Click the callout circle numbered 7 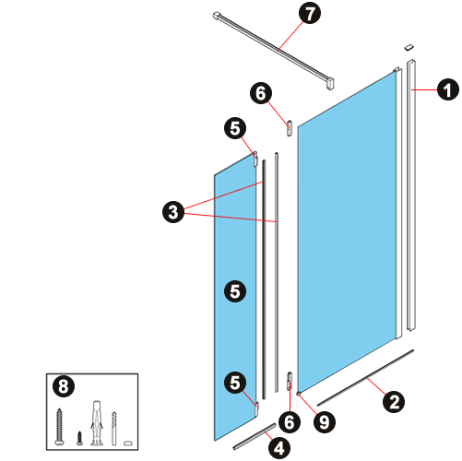click(x=310, y=14)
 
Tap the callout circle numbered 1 click(x=448, y=89)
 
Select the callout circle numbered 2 click(x=394, y=402)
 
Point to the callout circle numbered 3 click(x=173, y=212)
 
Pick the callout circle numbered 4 click(x=279, y=449)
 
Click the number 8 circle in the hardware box click(x=64, y=386)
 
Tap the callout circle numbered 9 click(x=325, y=422)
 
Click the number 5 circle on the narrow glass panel click(x=235, y=291)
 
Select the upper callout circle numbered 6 click(x=261, y=93)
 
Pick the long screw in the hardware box click(x=59, y=427)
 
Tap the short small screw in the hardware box click(x=79, y=438)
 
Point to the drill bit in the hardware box click(x=114, y=429)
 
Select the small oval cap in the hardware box click(x=128, y=443)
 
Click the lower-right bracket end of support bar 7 click(x=330, y=84)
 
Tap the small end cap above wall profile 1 click(x=409, y=47)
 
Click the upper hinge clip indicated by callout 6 click(x=290, y=128)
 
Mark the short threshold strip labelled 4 click(x=255, y=437)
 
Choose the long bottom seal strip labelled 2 click(x=365, y=378)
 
